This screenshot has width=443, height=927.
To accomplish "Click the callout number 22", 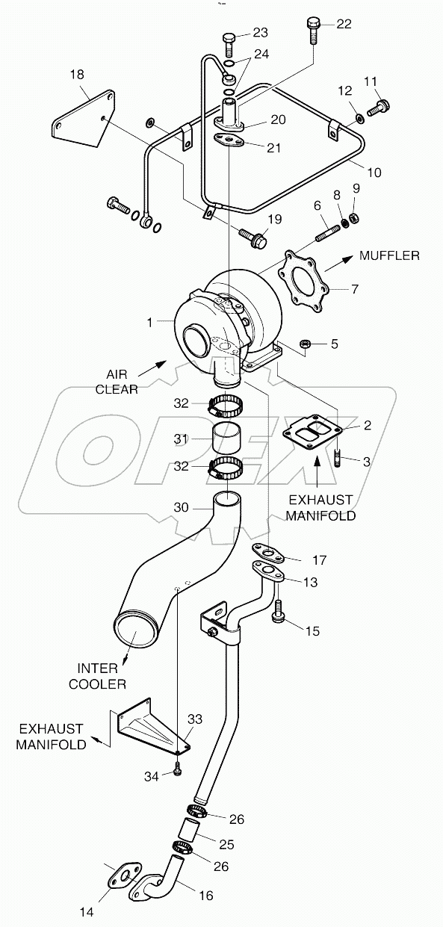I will (344, 24).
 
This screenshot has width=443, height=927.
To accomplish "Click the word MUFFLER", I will (389, 255).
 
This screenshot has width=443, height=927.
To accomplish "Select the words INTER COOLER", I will (98, 674).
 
